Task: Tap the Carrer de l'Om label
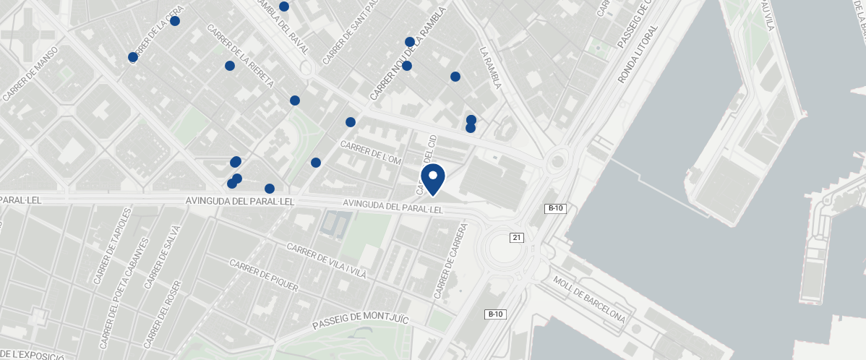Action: tap(370, 153)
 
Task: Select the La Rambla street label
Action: tap(489, 69)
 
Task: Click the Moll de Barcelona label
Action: tap(588, 299)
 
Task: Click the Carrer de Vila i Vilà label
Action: tap(327, 260)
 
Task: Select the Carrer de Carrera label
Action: tap(451, 261)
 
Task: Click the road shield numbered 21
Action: tap(516, 237)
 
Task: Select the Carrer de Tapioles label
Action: tap(113, 247)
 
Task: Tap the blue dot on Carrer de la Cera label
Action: tap(174, 21)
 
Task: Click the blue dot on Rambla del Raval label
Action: tap(284, 7)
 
